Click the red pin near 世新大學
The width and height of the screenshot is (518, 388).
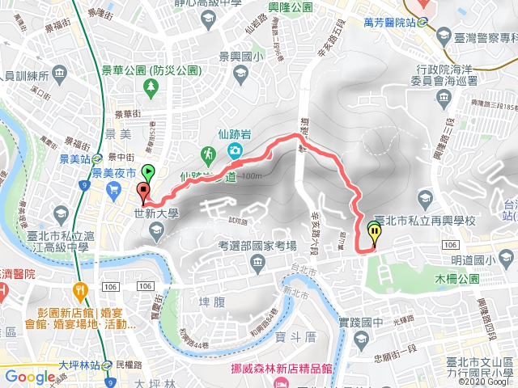(143, 193)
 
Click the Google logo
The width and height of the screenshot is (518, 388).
(30, 376)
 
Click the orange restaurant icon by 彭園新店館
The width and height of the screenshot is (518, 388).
(79, 291)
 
